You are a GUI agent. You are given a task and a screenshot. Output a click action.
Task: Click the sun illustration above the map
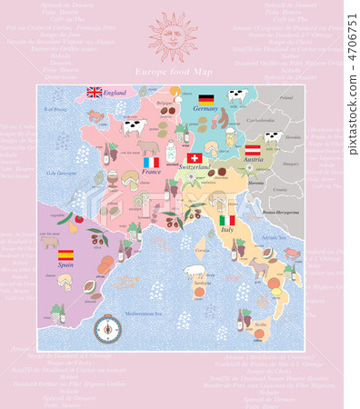172,37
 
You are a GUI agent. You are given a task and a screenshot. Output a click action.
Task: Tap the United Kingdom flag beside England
95,92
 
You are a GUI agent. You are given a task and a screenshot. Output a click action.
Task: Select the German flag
206,98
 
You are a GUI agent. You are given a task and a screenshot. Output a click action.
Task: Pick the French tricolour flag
151,162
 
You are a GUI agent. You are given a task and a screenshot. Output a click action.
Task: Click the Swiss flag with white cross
194,158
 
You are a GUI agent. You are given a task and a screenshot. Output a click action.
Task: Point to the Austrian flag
254,148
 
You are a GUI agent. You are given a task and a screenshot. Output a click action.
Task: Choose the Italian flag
227,220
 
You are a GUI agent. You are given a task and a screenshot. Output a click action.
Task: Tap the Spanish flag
66,255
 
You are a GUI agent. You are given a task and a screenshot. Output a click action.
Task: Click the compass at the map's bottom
106,325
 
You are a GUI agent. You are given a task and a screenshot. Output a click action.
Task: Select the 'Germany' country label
206,108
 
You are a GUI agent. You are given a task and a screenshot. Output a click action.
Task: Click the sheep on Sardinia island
195,272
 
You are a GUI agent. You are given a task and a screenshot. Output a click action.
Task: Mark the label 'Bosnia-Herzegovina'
280,212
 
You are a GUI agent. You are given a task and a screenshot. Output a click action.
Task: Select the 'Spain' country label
66,266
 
